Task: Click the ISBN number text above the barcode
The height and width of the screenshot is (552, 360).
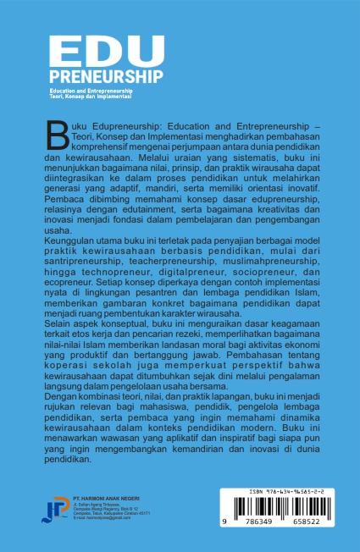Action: click(274, 492)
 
